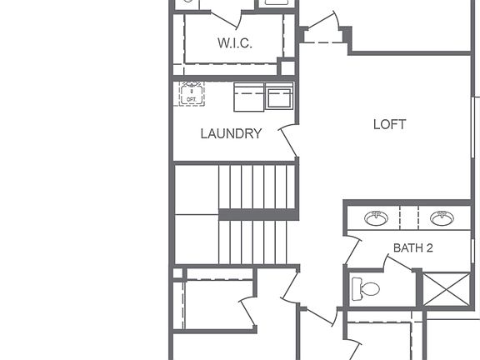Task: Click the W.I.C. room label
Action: [234, 42]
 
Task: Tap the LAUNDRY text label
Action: [231, 133]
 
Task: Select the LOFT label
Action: [389, 125]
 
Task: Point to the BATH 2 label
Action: [413, 247]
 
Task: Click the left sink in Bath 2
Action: [376, 218]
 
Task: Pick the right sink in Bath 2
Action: [442, 218]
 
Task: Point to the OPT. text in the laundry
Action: [191, 98]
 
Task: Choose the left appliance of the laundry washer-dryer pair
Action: [249, 97]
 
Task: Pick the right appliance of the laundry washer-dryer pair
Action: [279, 97]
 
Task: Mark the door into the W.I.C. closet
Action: [225, 17]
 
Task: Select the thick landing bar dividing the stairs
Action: [257, 214]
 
